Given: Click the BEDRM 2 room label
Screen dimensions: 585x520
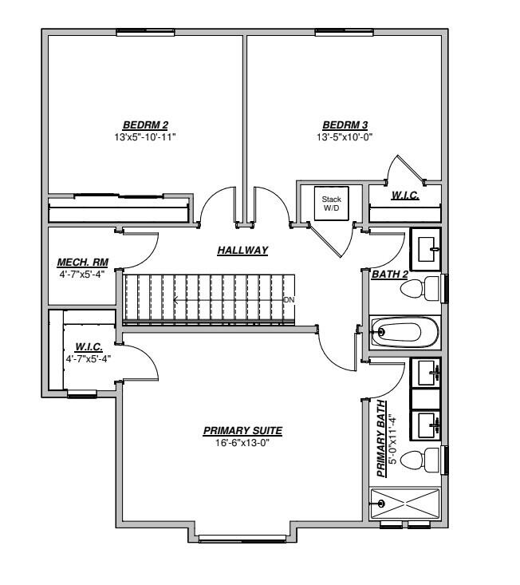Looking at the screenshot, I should point(145,125).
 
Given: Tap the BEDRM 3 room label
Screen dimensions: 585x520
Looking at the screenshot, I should point(345,125).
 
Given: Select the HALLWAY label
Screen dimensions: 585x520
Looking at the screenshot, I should point(242,251).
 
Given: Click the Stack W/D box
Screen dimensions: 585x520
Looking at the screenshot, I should point(331,204).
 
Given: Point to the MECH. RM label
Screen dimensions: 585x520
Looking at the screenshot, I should point(82,262).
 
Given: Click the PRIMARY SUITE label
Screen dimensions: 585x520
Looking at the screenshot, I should point(242,431).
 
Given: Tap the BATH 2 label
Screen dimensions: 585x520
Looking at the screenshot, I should point(390,275).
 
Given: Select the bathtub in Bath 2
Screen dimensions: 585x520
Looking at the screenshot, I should point(405,332).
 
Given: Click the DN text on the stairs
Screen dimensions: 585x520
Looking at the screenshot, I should point(289,300).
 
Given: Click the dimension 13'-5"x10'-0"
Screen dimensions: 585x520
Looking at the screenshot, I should point(345,136).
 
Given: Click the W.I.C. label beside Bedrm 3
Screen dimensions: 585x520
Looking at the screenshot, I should point(405,195).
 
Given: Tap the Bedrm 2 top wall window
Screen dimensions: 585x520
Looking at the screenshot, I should point(146,32).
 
